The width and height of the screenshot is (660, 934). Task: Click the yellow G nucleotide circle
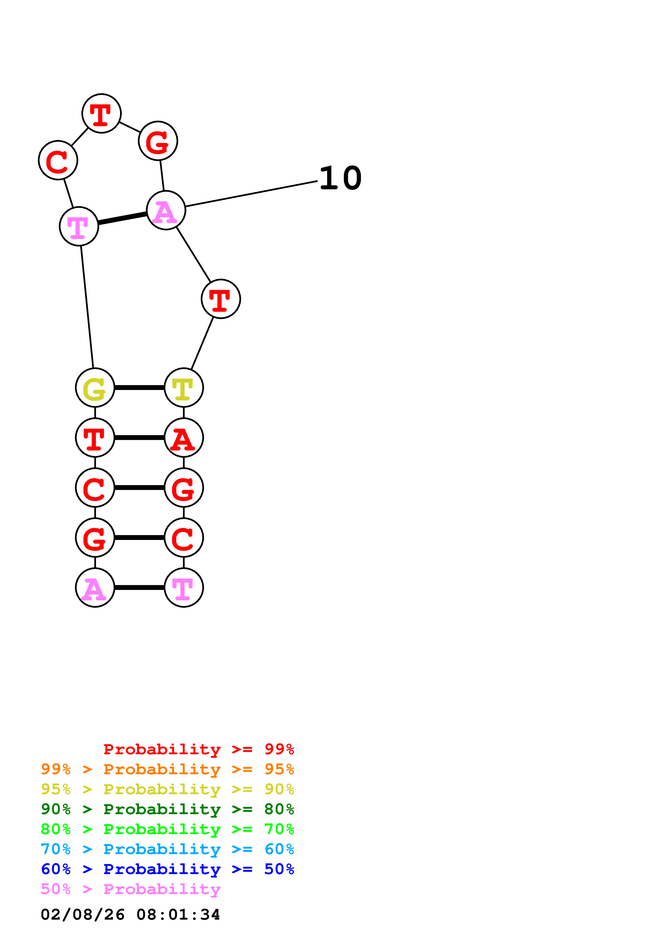coord(95,388)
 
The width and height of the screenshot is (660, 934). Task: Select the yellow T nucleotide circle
coord(184,388)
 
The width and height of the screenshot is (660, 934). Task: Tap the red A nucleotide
coord(184,438)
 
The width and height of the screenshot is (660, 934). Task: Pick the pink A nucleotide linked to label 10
coord(166,210)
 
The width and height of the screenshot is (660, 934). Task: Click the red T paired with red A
coord(95,438)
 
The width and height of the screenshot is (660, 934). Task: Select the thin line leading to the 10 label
coord(251,194)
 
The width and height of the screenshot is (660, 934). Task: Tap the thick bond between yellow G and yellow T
coord(140,388)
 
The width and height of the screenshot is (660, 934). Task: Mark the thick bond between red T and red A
coord(140,438)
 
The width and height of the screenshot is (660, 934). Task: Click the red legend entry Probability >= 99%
coord(198,749)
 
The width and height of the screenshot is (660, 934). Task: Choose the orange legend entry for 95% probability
coord(167,769)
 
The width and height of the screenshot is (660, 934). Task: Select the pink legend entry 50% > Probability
coord(130,889)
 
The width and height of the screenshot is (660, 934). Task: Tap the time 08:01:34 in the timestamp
coord(178,915)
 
